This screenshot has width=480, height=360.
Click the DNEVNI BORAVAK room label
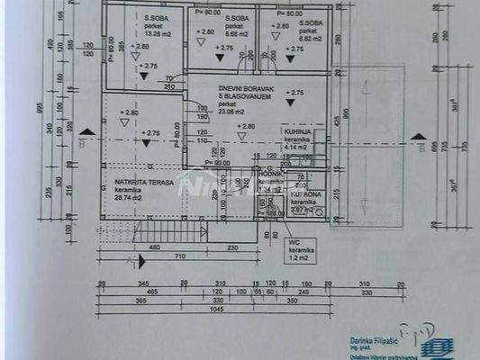tap(240, 87)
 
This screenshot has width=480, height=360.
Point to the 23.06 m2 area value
tap(233, 112)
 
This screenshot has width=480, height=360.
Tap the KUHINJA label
tap(297, 132)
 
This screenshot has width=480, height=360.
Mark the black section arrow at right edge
tap(417, 137)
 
